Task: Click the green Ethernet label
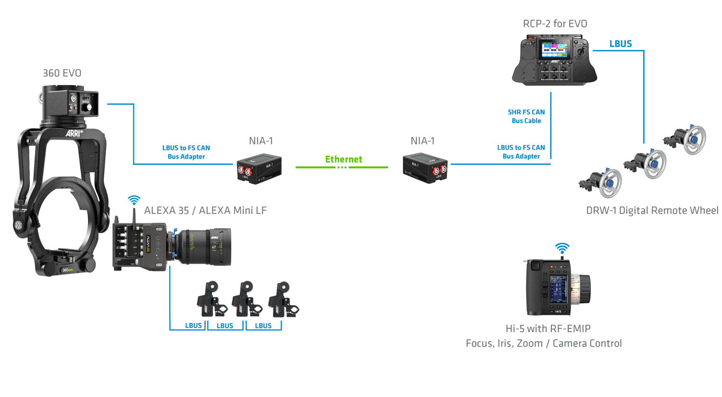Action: [x=343, y=159]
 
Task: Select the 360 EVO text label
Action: [x=62, y=73]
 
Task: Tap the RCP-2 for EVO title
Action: [x=555, y=24]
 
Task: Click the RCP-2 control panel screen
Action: [x=554, y=49]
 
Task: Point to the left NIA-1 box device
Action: [x=259, y=168]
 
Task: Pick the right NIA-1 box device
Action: [x=425, y=168]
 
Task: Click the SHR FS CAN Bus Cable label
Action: [x=526, y=116]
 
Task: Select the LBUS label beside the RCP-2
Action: [x=620, y=44]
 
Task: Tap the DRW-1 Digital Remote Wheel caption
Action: [x=652, y=211]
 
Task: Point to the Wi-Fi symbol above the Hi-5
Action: [x=562, y=248]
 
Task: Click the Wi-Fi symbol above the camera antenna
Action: [x=134, y=200]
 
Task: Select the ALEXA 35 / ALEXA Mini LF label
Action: [x=205, y=211]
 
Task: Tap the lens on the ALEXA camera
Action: [x=204, y=247]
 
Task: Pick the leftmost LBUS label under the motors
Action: [x=193, y=325]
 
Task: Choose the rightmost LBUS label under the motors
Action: [x=263, y=325]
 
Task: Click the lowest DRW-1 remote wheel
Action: [x=604, y=183]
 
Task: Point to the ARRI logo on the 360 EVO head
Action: [x=74, y=133]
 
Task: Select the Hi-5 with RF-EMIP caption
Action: [x=548, y=329]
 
